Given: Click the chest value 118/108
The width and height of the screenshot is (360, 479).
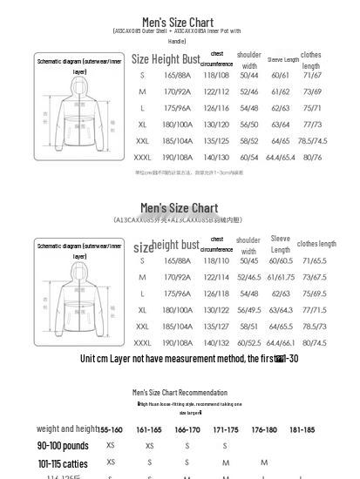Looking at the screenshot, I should [216, 75].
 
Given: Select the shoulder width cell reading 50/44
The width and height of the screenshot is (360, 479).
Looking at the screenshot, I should [249, 75].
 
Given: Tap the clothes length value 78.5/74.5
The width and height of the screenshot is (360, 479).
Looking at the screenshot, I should [312, 141].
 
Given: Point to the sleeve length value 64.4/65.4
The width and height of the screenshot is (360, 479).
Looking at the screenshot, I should [281, 158].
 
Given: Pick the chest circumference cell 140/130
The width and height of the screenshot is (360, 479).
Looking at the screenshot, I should [216, 158].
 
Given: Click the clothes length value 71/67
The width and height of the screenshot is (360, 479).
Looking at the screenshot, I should [312, 75].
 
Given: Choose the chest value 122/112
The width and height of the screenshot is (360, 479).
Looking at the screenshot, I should [216, 91].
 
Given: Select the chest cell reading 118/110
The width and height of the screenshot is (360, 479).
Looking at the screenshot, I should [216, 260].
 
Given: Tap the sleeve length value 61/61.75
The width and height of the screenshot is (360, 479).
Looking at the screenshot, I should [281, 277].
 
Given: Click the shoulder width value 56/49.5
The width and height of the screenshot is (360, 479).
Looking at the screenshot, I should [249, 310].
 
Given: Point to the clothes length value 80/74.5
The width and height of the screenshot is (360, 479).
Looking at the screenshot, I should [315, 343].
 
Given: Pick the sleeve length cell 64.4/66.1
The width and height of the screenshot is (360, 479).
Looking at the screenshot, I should [281, 343].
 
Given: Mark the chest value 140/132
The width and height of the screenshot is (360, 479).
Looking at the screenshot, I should [216, 343].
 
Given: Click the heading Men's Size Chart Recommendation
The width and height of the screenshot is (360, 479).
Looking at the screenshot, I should [180, 392].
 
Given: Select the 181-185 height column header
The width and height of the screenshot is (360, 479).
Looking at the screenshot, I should [302, 429].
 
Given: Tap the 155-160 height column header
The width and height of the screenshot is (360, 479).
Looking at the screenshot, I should [111, 429].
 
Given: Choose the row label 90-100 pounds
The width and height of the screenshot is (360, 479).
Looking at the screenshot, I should [63, 446].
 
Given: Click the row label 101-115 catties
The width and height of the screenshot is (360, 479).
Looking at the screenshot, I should [63, 463].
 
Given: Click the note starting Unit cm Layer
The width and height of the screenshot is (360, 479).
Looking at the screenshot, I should [189, 359].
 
